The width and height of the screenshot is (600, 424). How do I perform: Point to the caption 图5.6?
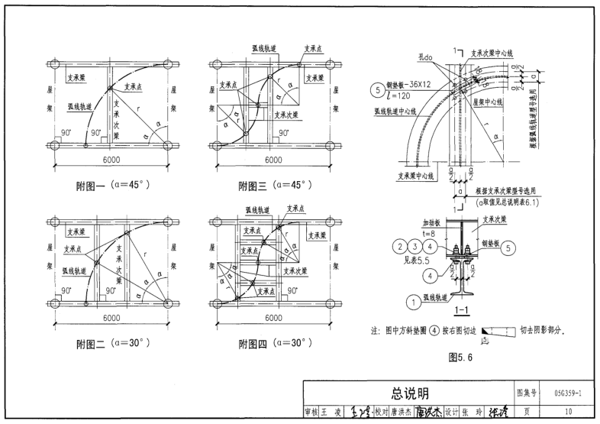click(x=462, y=356)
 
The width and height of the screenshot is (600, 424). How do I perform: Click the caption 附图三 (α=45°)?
click(x=272, y=186)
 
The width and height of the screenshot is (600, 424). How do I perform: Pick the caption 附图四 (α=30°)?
click(x=272, y=344)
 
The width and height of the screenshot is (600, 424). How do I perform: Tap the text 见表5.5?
click(x=412, y=259)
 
